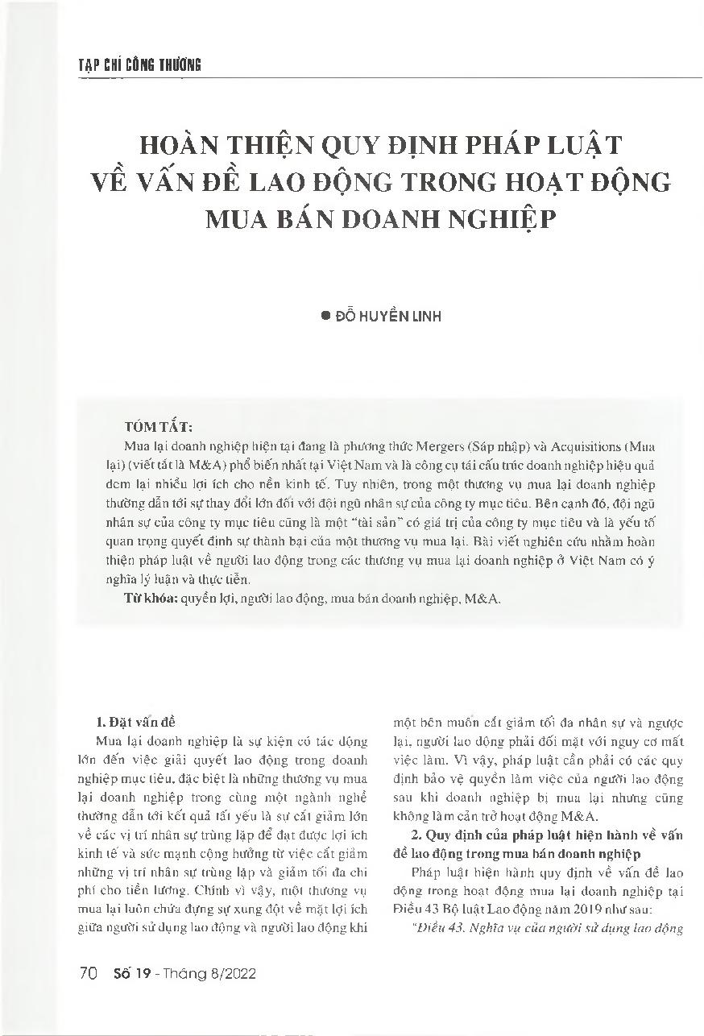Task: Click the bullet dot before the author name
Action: (325, 317)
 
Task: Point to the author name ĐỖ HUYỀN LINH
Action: (387, 317)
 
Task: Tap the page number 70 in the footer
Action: (89, 973)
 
